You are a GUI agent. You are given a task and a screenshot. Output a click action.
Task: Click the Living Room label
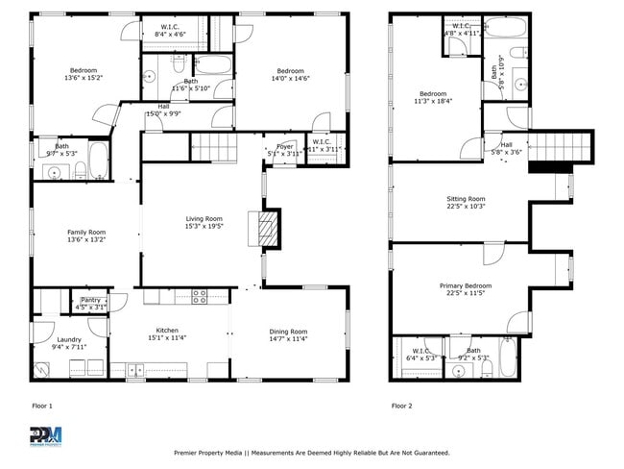click(204, 218)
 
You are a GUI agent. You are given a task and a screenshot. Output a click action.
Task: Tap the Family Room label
click(86, 232)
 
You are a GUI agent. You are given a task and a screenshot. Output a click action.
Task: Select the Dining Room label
click(287, 331)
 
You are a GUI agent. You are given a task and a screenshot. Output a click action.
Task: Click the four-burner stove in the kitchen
click(200, 297)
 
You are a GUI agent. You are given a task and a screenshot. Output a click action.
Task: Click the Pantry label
click(90, 301)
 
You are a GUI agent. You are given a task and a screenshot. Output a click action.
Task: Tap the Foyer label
click(284, 146)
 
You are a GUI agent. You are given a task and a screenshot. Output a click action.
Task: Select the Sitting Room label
click(467, 199)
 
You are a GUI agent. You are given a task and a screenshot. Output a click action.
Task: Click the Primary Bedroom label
click(466, 285)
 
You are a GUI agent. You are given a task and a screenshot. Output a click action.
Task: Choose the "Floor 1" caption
click(44, 406)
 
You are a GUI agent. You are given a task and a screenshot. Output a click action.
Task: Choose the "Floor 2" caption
click(401, 406)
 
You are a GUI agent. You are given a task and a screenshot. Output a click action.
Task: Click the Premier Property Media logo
click(45, 435)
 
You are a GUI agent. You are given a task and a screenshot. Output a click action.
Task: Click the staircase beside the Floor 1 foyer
click(213, 147)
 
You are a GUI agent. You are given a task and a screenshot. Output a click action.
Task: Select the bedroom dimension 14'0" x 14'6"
click(290, 79)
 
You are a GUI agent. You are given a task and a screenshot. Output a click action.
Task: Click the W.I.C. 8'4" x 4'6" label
click(170, 31)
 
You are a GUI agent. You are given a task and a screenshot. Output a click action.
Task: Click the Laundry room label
click(69, 339)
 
